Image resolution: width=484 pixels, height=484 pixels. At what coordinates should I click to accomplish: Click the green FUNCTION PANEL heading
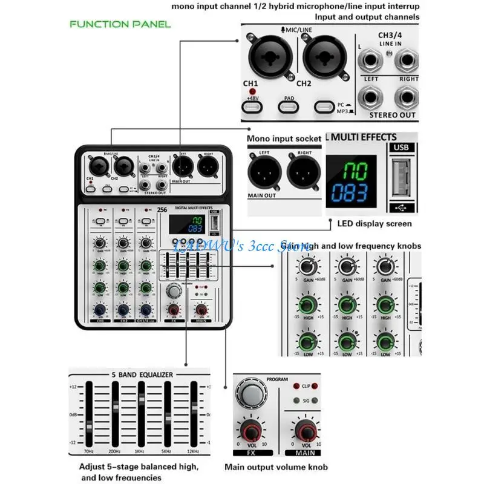pyautogui.click(x=120, y=24)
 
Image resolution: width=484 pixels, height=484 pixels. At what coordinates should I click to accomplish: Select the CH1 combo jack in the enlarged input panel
pyautogui.click(x=268, y=57)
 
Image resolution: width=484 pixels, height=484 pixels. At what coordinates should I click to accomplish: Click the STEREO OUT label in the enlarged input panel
pyautogui.click(x=391, y=114)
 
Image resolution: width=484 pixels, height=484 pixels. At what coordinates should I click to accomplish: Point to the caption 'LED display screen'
pyautogui.click(x=374, y=224)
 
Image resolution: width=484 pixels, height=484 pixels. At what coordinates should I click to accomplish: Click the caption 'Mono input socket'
pyautogui.click(x=284, y=139)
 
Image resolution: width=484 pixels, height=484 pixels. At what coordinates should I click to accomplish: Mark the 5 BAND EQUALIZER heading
pyautogui.click(x=142, y=374)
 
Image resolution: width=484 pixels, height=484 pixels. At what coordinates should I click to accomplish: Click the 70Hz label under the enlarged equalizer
pyautogui.click(x=89, y=452)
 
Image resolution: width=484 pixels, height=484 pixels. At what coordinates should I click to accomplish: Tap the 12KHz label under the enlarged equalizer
pyautogui.click(x=194, y=452)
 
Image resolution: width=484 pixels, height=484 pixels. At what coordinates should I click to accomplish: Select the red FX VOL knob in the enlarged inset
pyautogui.click(x=249, y=432)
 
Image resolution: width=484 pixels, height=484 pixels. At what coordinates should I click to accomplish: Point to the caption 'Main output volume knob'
pyautogui.click(x=276, y=467)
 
